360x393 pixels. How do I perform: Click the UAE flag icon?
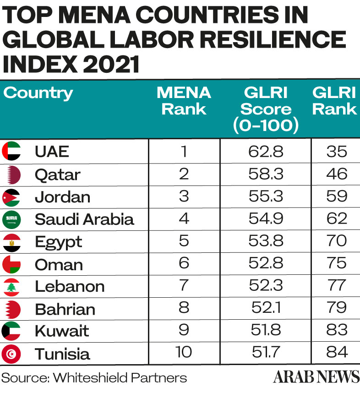(x=11, y=151)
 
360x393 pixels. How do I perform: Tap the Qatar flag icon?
(x=11, y=174)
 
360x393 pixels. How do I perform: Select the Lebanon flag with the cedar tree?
(x=11, y=286)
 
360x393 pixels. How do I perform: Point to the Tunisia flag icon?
(x=11, y=354)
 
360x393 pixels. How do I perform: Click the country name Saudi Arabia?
(x=84, y=219)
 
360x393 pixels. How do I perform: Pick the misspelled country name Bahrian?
(x=65, y=309)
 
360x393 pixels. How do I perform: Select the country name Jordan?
(x=62, y=196)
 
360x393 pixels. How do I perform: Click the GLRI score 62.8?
(x=266, y=152)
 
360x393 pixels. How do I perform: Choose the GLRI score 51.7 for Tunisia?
(x=266, y=354)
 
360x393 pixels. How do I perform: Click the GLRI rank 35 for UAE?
(x=337, y=152)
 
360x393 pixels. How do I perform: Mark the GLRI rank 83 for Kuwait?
(x=337, y=331)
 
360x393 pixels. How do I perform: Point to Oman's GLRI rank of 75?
(x=337, y=264)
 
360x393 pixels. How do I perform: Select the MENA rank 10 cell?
(x=184, y=354)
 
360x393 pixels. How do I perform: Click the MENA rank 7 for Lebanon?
(x=184, y=286)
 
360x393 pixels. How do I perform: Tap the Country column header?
(x=38, y=93)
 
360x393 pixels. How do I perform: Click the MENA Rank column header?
(x=184, y=101)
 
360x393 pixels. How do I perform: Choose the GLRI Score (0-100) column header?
(x=266, y=109)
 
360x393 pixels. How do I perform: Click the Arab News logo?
(x=316, y=377)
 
